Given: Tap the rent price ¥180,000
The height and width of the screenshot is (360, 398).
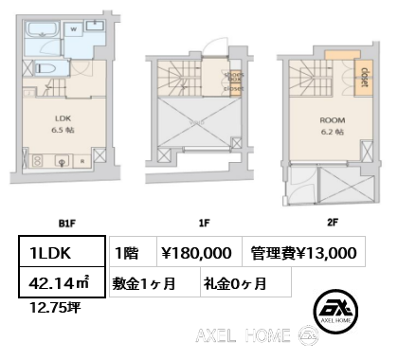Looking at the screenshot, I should [197, 251].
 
